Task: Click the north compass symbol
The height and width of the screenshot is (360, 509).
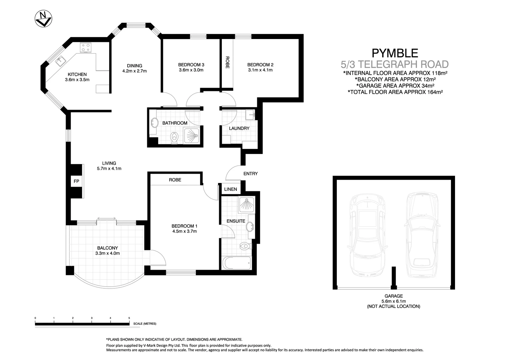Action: tap(43, 19)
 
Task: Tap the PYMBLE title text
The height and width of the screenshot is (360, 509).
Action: tap(395, 53)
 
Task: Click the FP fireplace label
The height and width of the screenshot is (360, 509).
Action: tap(76, 181)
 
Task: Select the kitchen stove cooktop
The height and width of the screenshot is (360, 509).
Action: tap(86, 48)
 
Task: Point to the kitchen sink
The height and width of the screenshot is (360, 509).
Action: tap(61, 61)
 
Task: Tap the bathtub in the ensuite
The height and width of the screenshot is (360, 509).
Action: tap(237, 263)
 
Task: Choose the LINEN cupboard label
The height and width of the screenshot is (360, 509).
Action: tap(231, 189)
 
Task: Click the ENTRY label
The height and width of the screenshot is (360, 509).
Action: tap(251, 174)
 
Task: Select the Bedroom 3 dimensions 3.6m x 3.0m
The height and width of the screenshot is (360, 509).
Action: tap(191, 70)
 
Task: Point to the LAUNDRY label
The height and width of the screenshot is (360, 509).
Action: tap(239, 128)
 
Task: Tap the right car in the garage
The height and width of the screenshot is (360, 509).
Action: tap(422, 235)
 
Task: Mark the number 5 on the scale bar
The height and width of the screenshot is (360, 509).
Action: tap(129, 318)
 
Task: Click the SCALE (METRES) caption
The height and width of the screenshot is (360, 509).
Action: tap(145, 324)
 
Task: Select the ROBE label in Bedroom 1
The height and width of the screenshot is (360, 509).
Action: tap(175, 180)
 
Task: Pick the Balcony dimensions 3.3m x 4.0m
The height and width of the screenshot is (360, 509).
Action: tap(107, 253)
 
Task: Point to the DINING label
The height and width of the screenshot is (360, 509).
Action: tap(135, 66)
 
